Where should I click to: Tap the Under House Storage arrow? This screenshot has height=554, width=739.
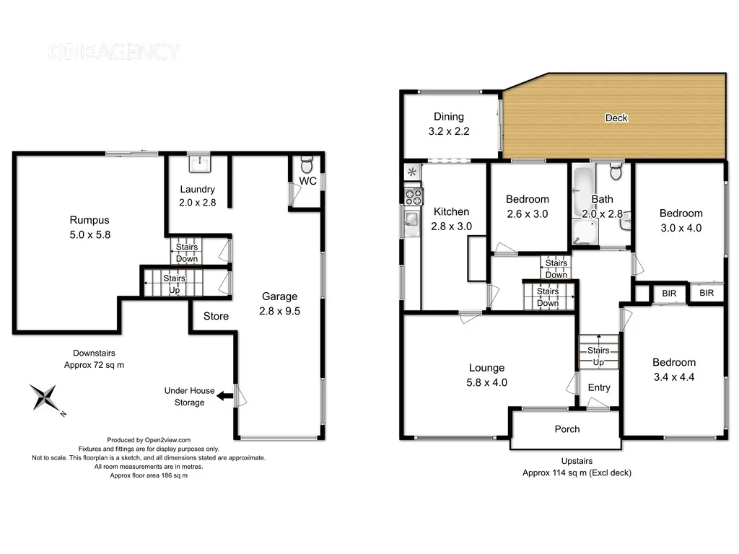click(224, 395)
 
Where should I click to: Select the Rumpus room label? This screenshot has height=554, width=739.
click(89, 220)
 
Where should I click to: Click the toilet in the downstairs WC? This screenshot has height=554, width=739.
click(306, 162)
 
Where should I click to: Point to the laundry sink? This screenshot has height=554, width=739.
click(198, 163)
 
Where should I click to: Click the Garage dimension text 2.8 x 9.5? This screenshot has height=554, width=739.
click(279, 312)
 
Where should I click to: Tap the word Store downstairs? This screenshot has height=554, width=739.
click(216, 316)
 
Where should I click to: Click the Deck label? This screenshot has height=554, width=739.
click(616, 118)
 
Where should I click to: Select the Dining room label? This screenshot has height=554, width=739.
click(448, 117)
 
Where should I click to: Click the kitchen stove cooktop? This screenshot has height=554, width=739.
click(412, 196)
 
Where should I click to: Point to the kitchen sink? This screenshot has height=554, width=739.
click(411, 220)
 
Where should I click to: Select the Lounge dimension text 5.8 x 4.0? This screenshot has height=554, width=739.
click(487, 382)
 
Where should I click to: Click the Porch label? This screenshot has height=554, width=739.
click(567, 428)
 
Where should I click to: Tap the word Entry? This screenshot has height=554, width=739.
click(598, 387)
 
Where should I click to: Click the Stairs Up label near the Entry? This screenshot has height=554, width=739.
click(598, 356)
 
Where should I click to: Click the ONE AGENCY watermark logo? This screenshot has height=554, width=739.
click(113, 52)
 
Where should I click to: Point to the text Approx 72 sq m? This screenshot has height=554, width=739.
click(94, 366)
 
